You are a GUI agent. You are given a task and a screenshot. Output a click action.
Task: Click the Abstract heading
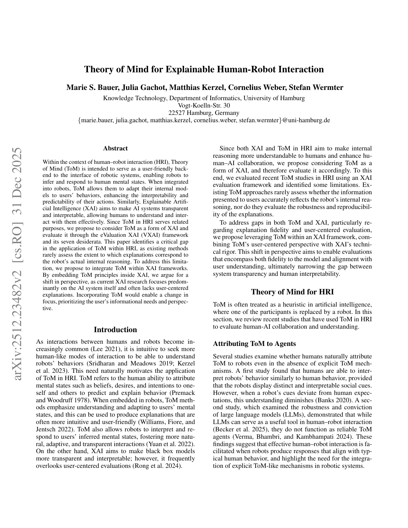116,148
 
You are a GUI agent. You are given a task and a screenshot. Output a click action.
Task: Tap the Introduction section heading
116,330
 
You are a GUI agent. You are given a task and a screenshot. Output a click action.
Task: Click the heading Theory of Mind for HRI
292,292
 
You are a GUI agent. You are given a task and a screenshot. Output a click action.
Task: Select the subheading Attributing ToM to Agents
254,344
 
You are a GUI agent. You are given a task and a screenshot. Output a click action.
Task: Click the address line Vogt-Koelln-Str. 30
204,105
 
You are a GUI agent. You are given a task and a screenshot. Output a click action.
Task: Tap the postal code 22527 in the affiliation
177,113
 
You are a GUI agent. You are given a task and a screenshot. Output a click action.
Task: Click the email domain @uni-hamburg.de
306,120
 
